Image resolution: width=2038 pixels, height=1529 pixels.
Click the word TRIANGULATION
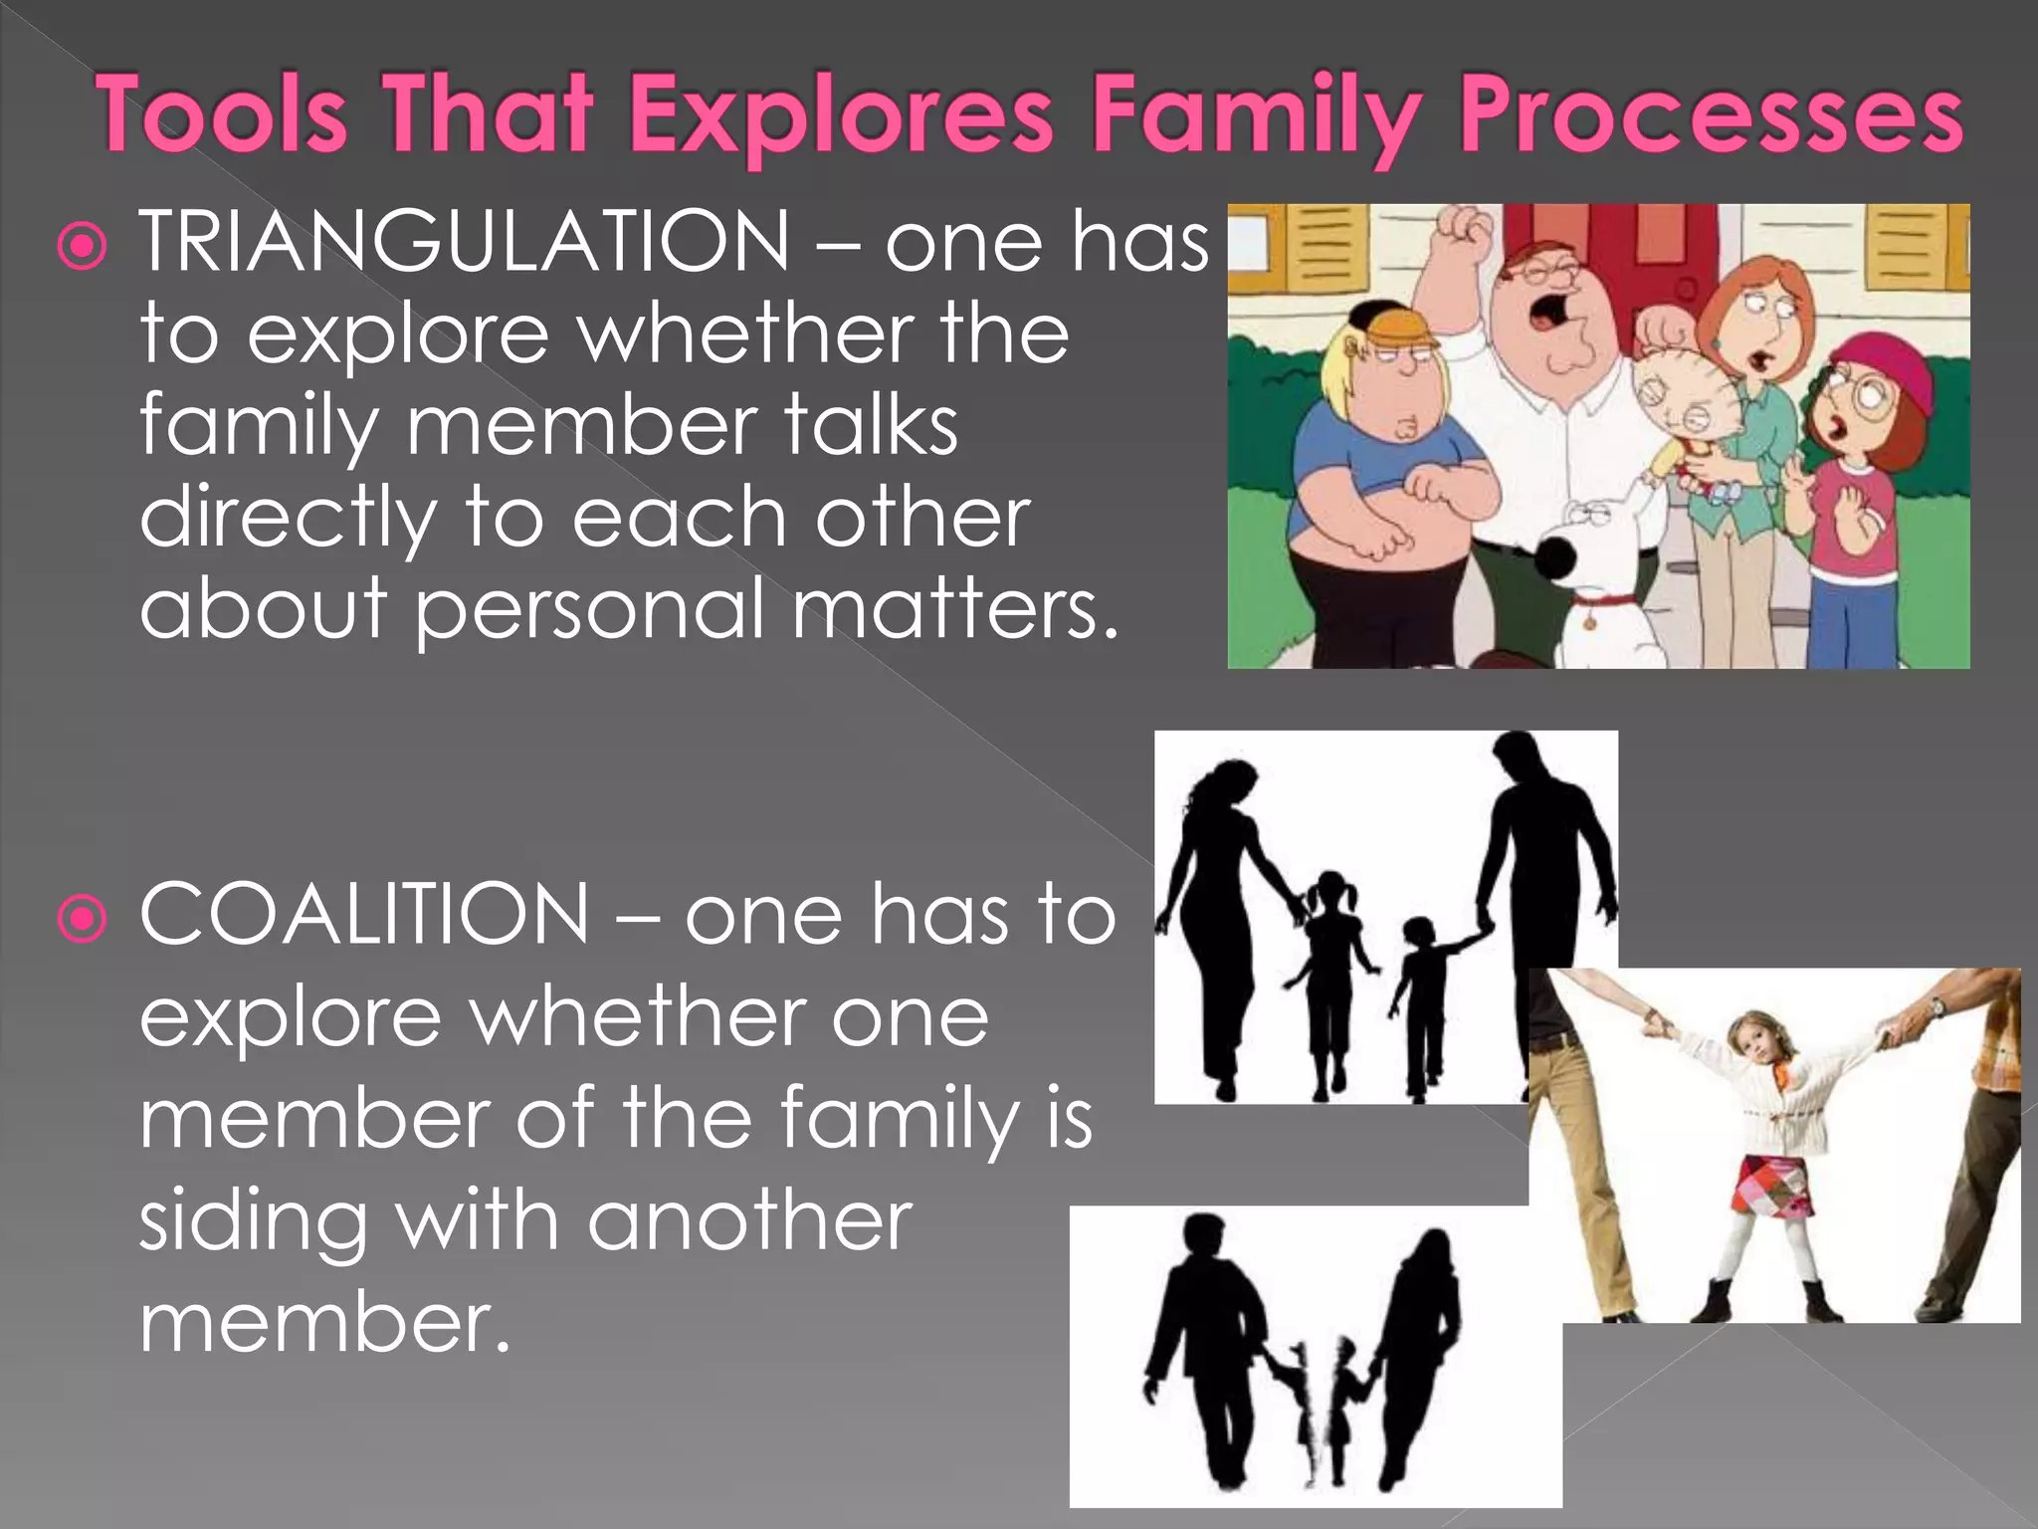tap(464, 242)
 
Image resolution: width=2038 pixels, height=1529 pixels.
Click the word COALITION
tap(364, 915)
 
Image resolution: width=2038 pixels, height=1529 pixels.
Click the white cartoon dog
tap(1592, 577)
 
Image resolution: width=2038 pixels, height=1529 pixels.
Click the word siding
tap(253, 1223)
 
